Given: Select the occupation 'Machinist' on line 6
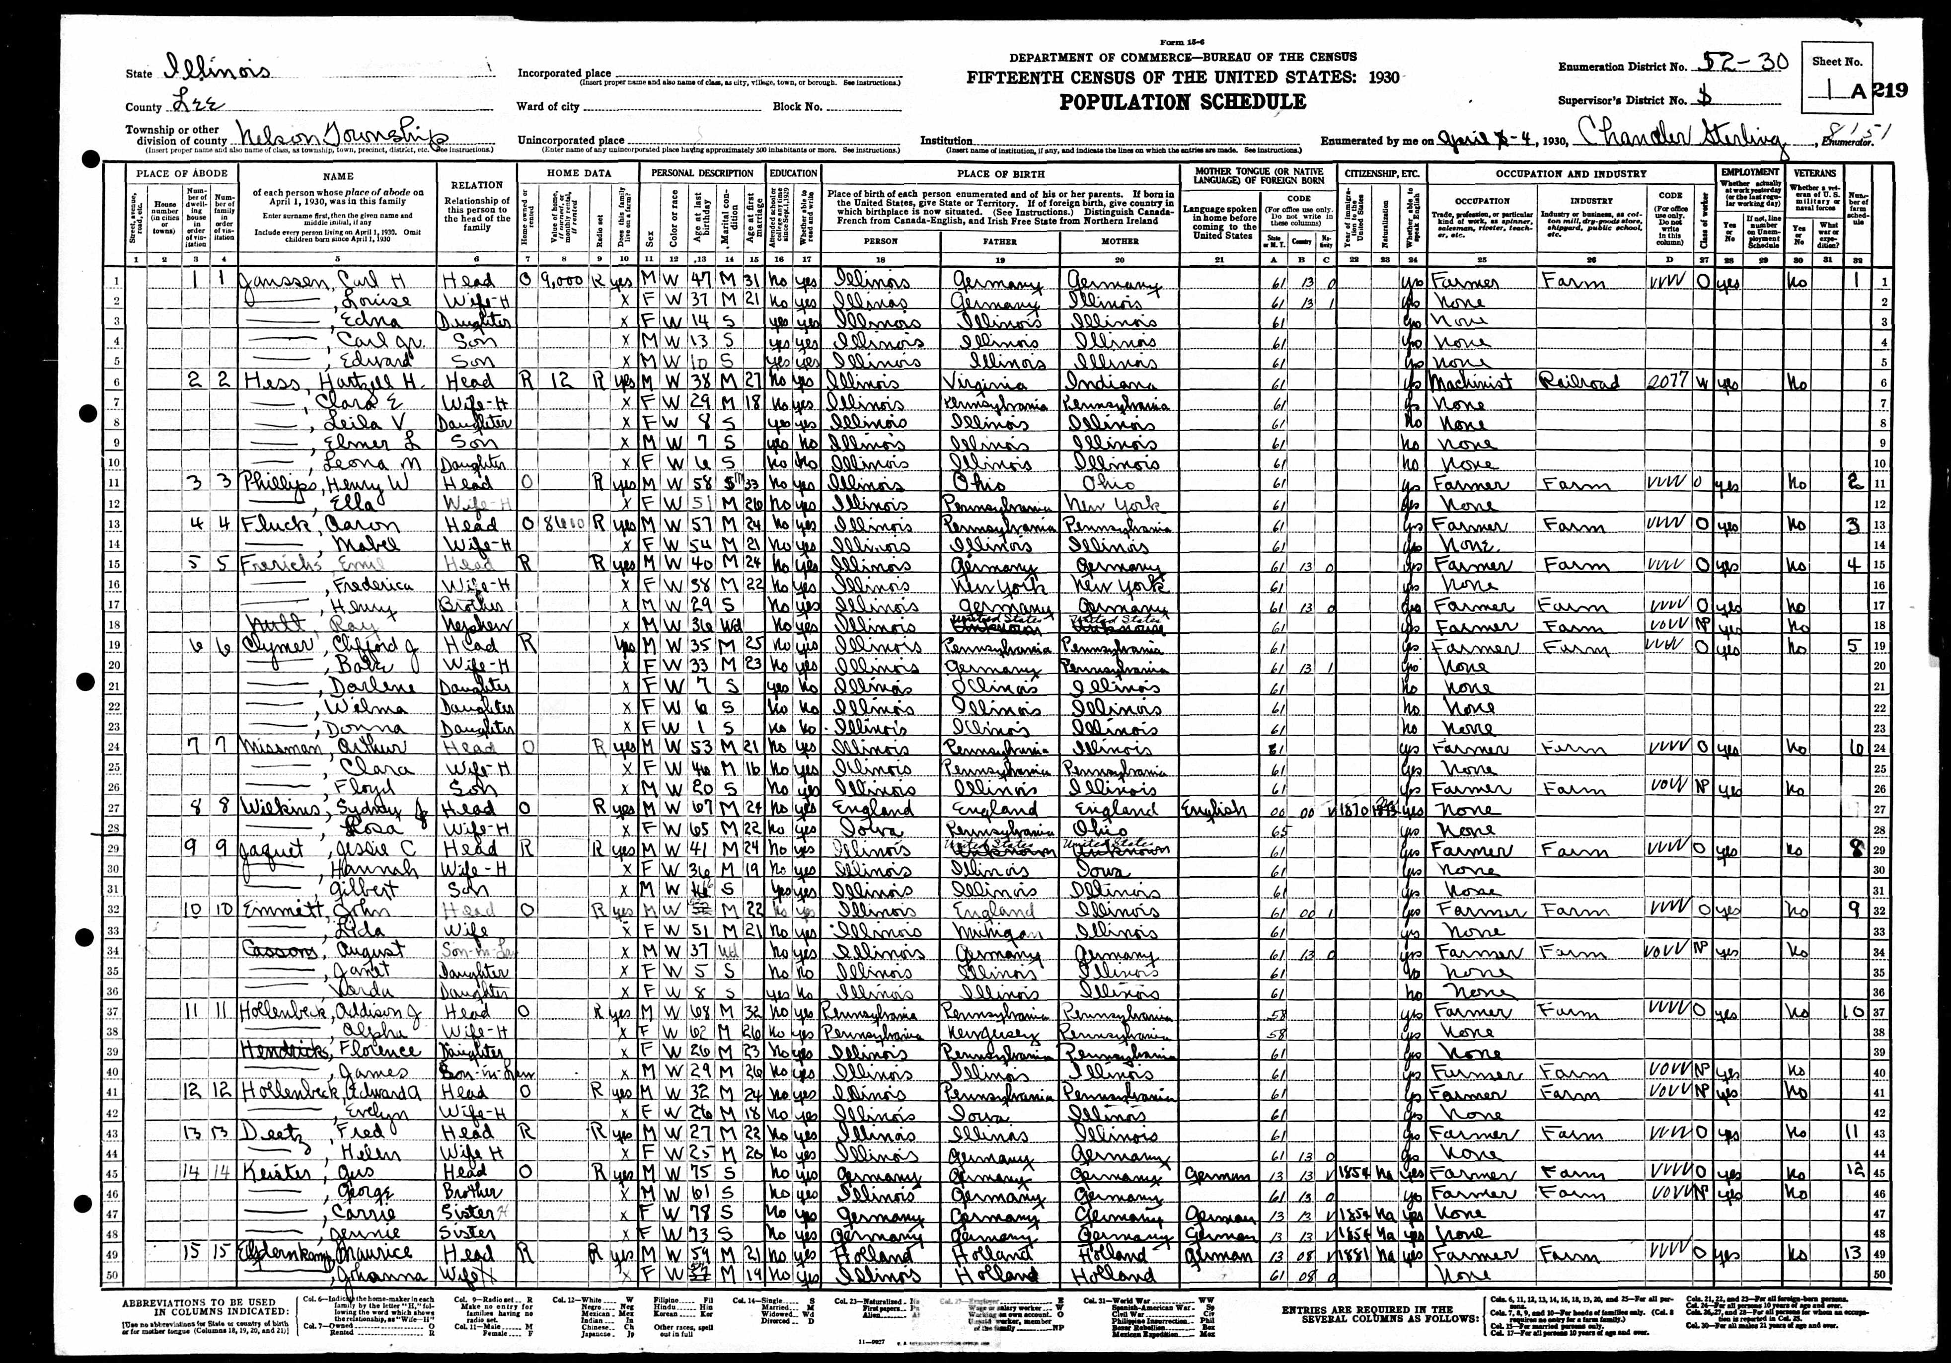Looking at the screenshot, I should click(x=1473, y=382).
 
